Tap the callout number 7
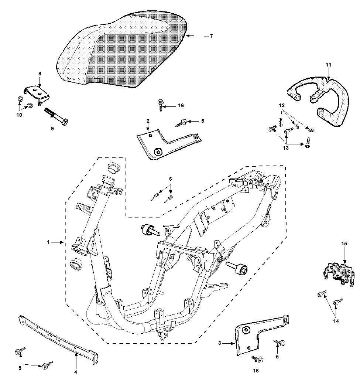tap(211, 36)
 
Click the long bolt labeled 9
tap(57, 116)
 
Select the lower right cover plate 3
tap(258, 334)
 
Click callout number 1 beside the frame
tap(48, 242)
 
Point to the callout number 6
tap(171, 179)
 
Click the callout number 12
tap(282, 105)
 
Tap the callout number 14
tap(336, 321)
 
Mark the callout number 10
tap(19, 115)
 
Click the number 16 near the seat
tap(181, 106)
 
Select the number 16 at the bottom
tap(256, 371)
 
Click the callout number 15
tap(344, 244)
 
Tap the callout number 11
tap(329, 65)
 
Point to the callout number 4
tap(75, 372)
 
